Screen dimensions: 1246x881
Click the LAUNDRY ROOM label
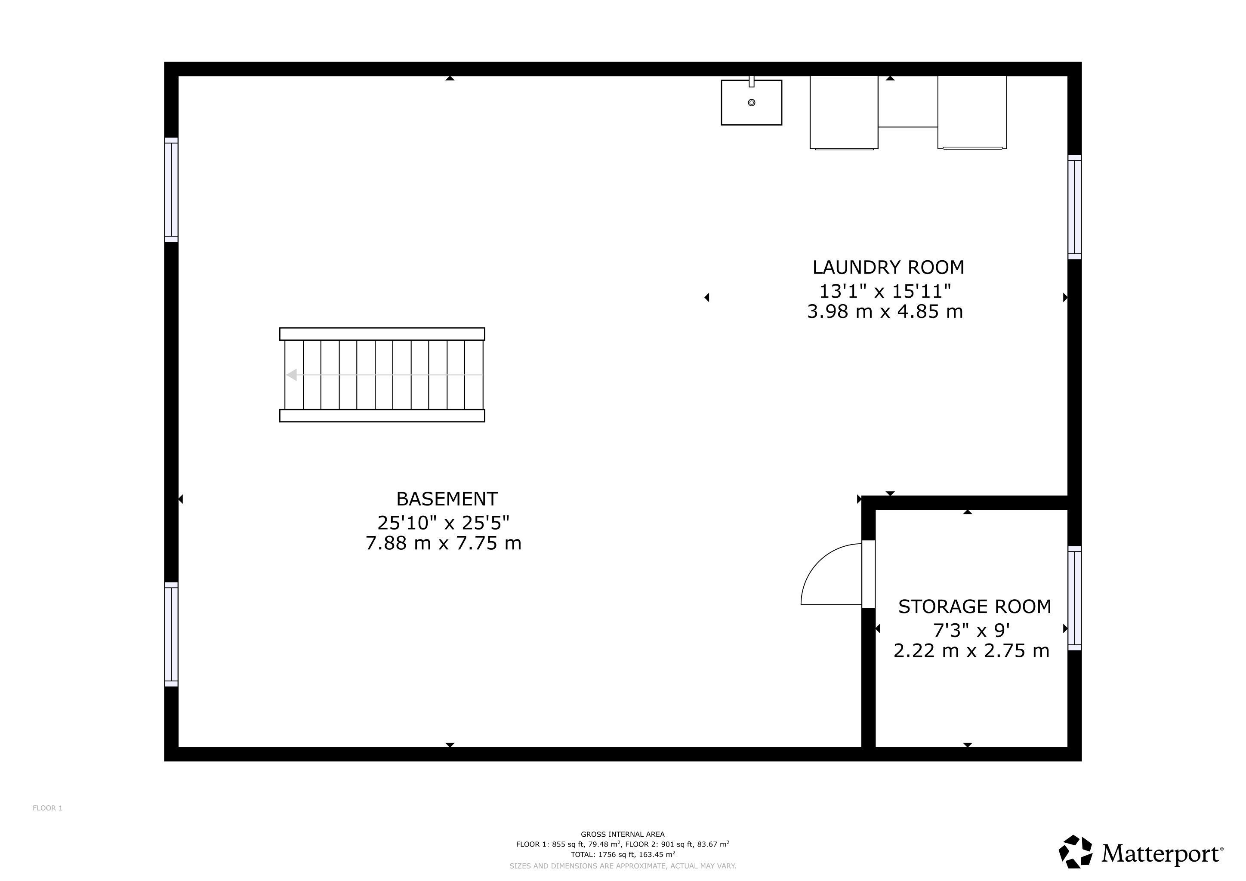[x=888, y=268]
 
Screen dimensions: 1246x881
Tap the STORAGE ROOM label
[x=975, y=607]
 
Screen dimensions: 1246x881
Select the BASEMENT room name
[x=447, y=499]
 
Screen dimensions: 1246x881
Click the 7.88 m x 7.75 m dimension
[x=444, y=543]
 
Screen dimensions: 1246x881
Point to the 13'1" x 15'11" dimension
[x=885, y=291]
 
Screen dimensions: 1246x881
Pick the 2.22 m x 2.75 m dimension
[x=972, y=650]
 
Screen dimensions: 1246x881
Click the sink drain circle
[x=752, y=102]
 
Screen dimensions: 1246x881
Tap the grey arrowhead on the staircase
[x=291, y=375]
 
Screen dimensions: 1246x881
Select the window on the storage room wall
[x=1074, y=598]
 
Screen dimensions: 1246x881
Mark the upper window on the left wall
[x=172, y=189]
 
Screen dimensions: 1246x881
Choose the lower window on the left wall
[x=172, y=634]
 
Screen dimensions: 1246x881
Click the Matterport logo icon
[x=1076, y=851]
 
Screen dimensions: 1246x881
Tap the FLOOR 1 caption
[x=48, y=808]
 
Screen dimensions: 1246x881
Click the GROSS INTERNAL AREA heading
[x=623, y=835]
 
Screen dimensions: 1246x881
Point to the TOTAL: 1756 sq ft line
[x=623, y=854]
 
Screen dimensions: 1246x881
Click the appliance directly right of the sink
[x=844, y=112]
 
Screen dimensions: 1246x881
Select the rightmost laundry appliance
[x=972, y=112]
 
